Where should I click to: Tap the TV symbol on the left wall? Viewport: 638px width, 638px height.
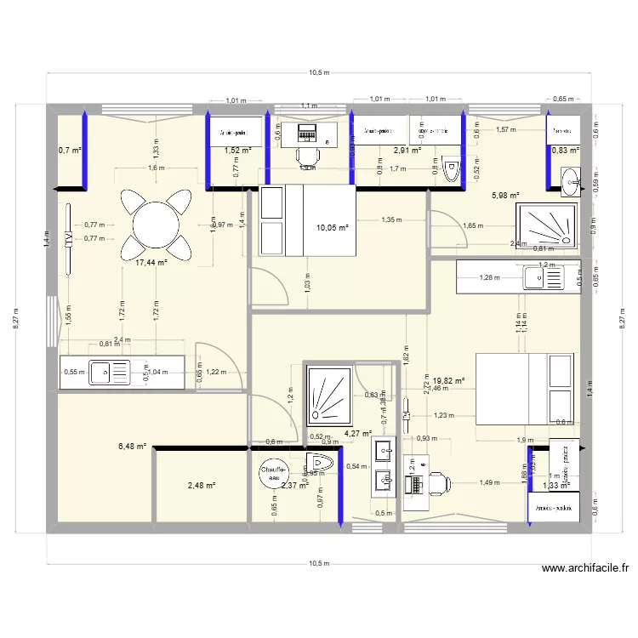(x=68, y=239)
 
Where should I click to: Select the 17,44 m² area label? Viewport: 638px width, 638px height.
(x=151, y=263)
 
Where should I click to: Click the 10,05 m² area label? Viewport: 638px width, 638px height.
(x=332, y=228)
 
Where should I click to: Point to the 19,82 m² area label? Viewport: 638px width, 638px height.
(x=448, y=381)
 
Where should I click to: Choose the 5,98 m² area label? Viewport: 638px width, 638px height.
(x=505, y=195)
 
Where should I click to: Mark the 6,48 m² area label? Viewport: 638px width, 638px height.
(x=133, y=445)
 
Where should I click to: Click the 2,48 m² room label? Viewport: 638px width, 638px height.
(x=201, y=486)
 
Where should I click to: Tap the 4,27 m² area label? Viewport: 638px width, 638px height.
(x=358, y=433)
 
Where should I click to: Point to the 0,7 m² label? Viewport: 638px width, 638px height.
(x=69, y=151)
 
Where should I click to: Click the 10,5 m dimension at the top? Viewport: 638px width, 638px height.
(x=319, y=72)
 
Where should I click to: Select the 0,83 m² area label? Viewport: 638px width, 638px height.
(x=565, y=151)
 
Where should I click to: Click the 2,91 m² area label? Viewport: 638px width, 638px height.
(x=407, y=151)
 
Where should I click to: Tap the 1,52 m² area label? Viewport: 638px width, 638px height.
(x=237, y=151)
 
